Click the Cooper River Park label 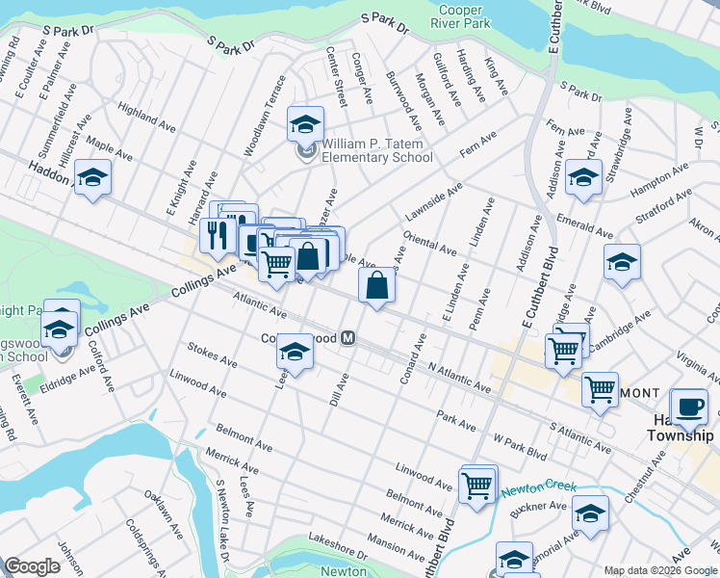(460, 16)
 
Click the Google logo (32, 566)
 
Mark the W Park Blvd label (520, 448)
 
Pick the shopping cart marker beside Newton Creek (477, 485)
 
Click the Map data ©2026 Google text (660, 569)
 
